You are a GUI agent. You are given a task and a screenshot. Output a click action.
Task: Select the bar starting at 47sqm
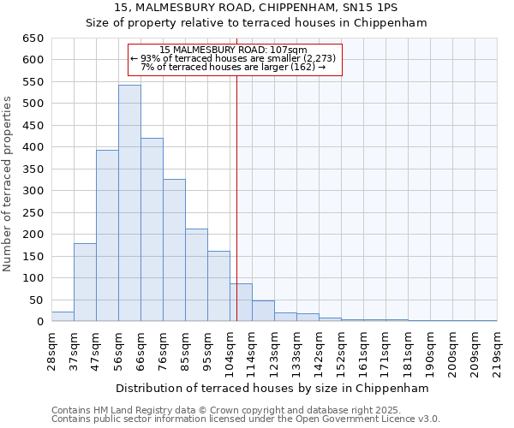pyautogui.click(x=107, y=236)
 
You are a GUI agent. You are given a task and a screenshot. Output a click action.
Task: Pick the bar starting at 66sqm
pyautogui.click(x=152, y=230)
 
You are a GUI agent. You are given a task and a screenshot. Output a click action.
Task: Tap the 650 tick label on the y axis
pyautogui.click(x=33, y=39)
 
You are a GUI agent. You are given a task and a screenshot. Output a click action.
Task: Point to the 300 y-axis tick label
pyautogui.click(x=33, y=191)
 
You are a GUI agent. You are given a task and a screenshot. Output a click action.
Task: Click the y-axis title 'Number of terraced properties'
pyautogui.click(x=8, y=183)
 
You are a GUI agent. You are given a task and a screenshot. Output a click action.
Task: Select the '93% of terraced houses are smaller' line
pyautogui.click(x=234, y=58)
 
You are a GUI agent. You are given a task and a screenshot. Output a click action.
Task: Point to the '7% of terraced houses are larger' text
pyautogui.click(x=234, y=67)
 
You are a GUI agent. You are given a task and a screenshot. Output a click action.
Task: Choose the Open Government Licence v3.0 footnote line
pyautogui.click(x=245, y=419)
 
